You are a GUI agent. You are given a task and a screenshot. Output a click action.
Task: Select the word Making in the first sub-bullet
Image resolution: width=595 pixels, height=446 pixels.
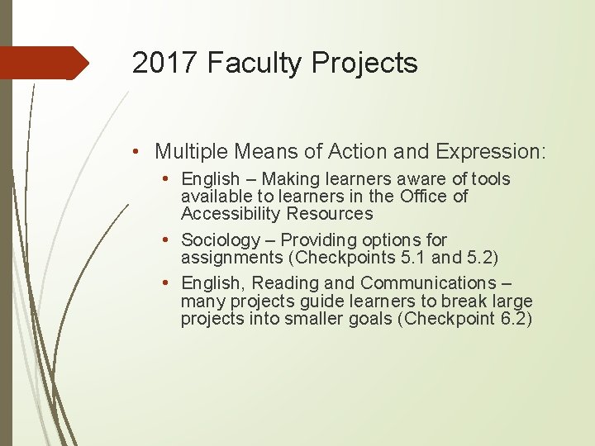290,179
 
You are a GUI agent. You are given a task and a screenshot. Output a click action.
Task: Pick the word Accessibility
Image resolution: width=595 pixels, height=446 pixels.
231,214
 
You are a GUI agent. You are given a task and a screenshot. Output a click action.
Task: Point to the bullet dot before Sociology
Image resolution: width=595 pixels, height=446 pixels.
167,240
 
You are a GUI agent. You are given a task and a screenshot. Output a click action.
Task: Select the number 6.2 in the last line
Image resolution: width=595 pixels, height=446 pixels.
510,320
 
